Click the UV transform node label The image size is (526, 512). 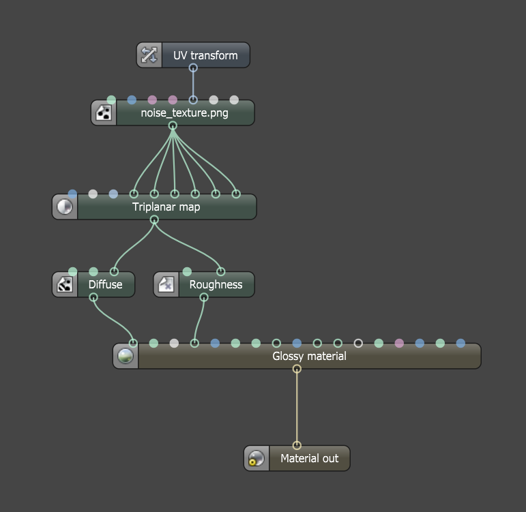click(205, 55)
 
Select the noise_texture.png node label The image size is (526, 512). click(184, 113)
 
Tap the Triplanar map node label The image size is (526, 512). click(166, 207)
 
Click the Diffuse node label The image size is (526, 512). click(105, 284)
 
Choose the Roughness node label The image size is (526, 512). click(216, 284)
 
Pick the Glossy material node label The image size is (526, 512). click(309, 356)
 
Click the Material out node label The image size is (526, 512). click(309, 458)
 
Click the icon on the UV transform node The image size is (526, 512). click(149, 55)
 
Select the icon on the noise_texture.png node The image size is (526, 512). click(104, 113)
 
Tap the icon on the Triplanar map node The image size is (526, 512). click(65, 207)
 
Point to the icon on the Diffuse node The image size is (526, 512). click(65, 284)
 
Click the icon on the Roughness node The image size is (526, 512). click(166, 284)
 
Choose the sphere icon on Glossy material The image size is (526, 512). click(126, 356)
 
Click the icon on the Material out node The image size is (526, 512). click(257, 458)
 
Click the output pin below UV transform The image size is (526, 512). click(193, 68)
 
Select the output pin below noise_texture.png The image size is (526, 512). click(173, 125)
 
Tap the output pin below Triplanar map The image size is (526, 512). click(154, 220)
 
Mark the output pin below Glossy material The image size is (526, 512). click(297, 369)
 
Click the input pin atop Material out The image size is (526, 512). click(297, 446)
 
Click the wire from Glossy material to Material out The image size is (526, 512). click(297, 408)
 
